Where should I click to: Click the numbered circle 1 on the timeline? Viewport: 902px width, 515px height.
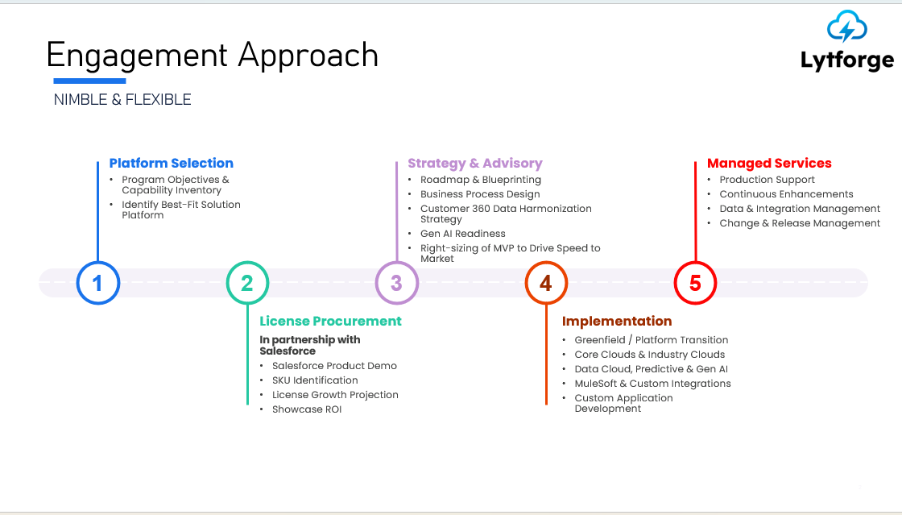98,283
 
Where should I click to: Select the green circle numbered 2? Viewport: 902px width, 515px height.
247,283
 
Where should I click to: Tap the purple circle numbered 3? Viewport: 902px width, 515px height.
396,283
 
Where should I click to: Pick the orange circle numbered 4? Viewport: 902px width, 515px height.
546,283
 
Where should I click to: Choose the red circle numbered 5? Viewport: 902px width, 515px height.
695,283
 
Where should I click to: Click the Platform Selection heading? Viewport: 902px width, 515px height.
171,163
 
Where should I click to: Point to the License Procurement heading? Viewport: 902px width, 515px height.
330,321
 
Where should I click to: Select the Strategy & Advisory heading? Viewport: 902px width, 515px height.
474,163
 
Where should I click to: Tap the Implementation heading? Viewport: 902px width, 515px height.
616,321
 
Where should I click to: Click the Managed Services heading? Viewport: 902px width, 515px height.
768,163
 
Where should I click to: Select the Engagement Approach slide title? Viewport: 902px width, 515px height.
213,55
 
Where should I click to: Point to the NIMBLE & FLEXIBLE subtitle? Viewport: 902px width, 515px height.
122,100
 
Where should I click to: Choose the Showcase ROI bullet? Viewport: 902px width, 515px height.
307,409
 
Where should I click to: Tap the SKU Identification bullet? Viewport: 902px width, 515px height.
315,380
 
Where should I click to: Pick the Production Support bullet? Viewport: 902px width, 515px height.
767,180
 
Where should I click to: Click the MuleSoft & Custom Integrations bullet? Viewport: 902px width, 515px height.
652,384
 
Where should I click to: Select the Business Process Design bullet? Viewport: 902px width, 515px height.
480,194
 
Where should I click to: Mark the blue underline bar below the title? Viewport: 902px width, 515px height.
89,81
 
